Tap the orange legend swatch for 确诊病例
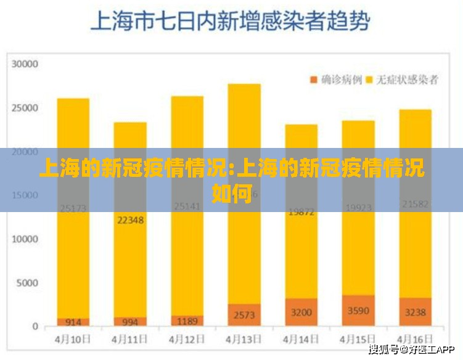[x=313, y=80]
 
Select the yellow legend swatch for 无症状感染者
[x=371, y=80]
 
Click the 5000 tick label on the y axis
[x=28, y=283]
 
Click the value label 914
[x=73, y=322]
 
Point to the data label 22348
[x=130, y=220]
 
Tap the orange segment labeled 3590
[x=358, y=311]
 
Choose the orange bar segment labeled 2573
[x=244, y=314]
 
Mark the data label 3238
[x=415, y=312]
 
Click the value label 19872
[x=301, y=211]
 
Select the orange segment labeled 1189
[x=187, y=321]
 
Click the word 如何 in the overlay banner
[x=232, y=194]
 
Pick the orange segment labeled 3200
[x=301, y=312]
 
